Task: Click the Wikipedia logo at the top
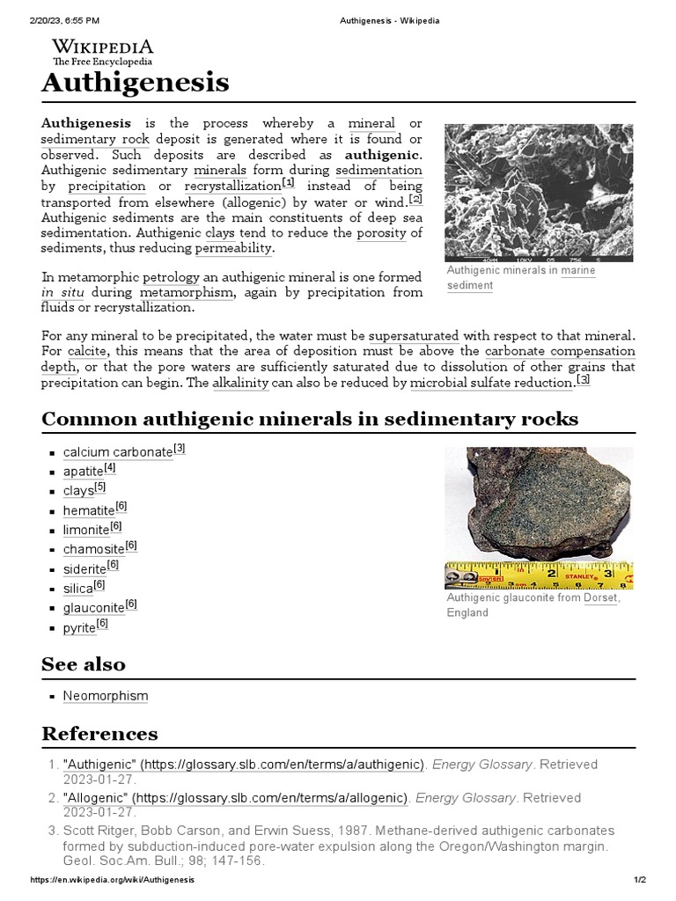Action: point(102,52)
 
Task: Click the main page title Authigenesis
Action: point(136,83)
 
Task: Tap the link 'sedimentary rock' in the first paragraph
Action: point(95,140)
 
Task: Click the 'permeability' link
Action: point(234,249)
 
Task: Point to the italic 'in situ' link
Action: point(61,293)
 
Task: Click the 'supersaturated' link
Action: point(414,336)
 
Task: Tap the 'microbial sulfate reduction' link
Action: point(491,384)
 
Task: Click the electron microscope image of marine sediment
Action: point(538,193)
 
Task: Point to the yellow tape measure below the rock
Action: point(538,575)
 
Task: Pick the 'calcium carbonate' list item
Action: point(118,452)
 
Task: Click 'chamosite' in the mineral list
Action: point(93,550)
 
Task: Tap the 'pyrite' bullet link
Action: point(78,628)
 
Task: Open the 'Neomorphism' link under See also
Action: point(106,696)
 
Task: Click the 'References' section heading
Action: point(99,734)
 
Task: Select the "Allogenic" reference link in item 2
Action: point(235,798)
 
